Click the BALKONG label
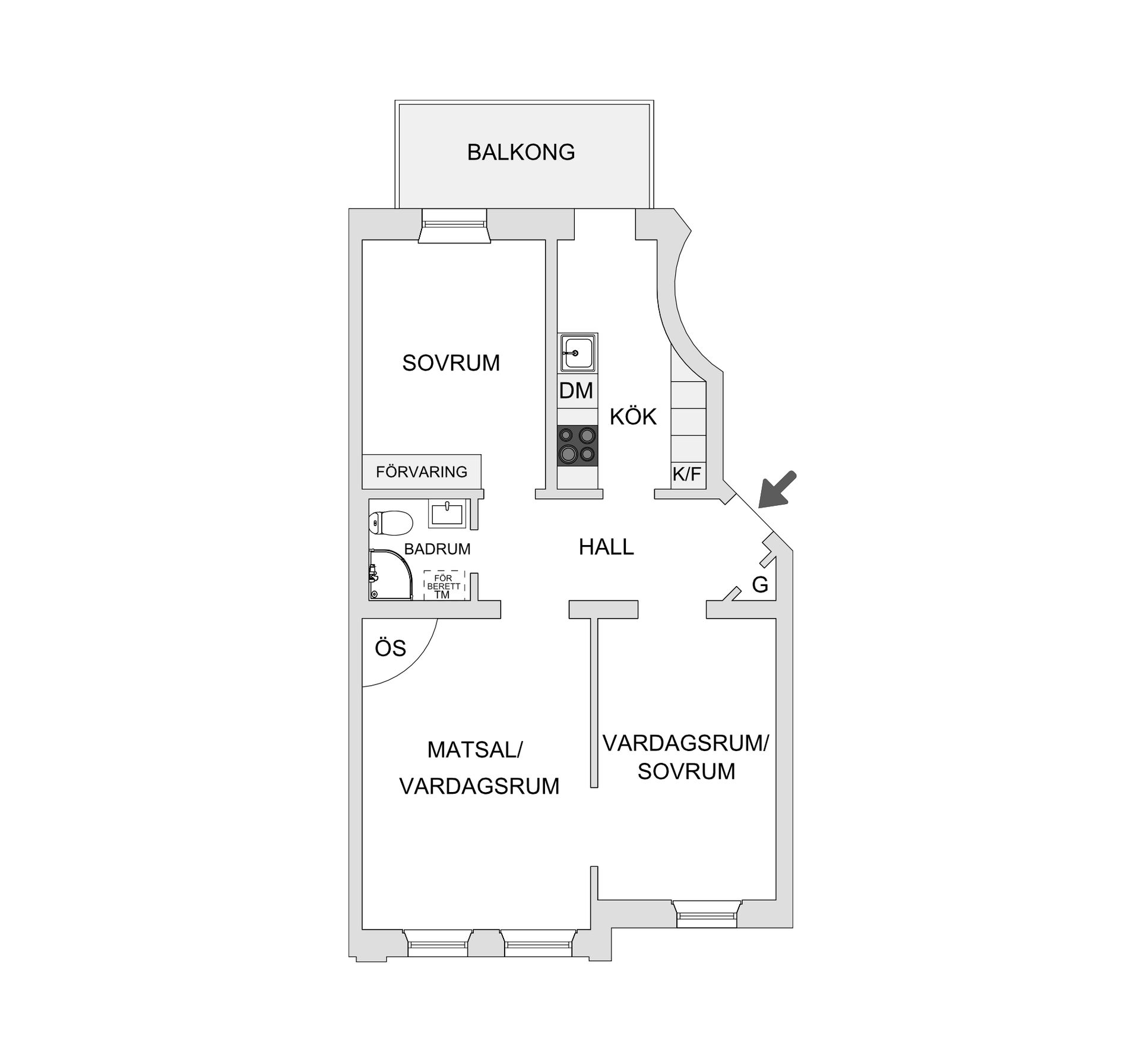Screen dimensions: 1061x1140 coord(521,153)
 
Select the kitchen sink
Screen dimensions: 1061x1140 coord(577,352)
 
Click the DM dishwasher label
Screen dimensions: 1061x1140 coord(576,391)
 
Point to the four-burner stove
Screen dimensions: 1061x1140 coord(577,445)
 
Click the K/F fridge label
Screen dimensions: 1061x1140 coord(687,474)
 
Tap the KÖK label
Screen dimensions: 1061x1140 coord(633,417)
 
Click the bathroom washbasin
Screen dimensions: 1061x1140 coord(447,513)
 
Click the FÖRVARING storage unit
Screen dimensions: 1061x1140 coord(422,471)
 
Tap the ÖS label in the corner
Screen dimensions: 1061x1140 coord(390,648)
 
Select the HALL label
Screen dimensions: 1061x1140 coord(606,547)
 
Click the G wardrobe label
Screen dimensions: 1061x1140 coord(760,585)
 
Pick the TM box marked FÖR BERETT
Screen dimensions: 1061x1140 coord(443,586)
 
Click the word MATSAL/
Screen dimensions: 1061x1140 coord(474,750)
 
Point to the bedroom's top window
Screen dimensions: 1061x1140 coord(454,225)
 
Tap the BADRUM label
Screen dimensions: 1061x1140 coord(437,549)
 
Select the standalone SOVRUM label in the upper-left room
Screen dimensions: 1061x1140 coord(451,363)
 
